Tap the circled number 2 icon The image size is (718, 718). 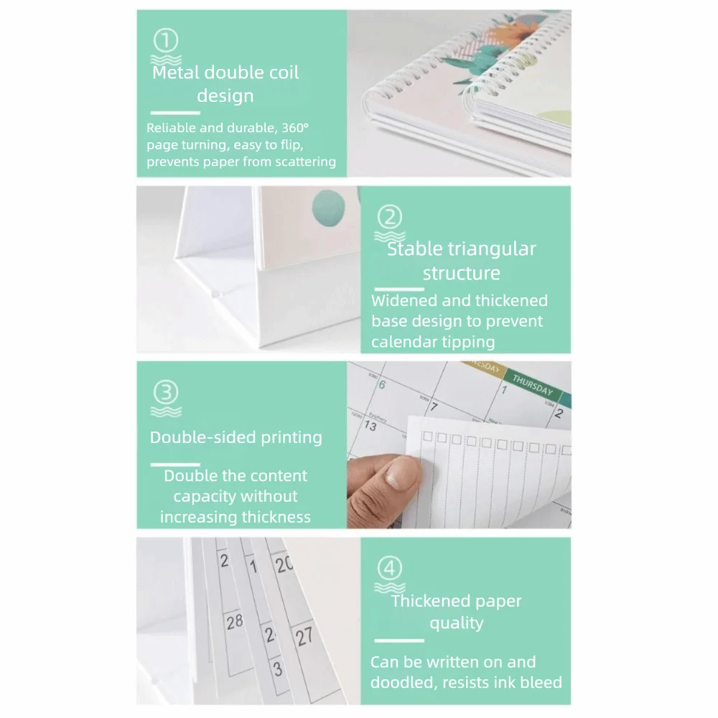[x=389, y=216]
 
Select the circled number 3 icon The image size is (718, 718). [x=166, y=392]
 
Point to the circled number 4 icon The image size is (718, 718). [x=389, y=569]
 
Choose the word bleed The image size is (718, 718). [x=538, y=683]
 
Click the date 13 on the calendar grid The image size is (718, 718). [x=370, y=426]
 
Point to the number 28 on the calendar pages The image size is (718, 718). [x=235, y=622]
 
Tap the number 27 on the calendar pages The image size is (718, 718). [x=304, y=636]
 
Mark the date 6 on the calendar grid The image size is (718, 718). [x=382, y=384]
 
